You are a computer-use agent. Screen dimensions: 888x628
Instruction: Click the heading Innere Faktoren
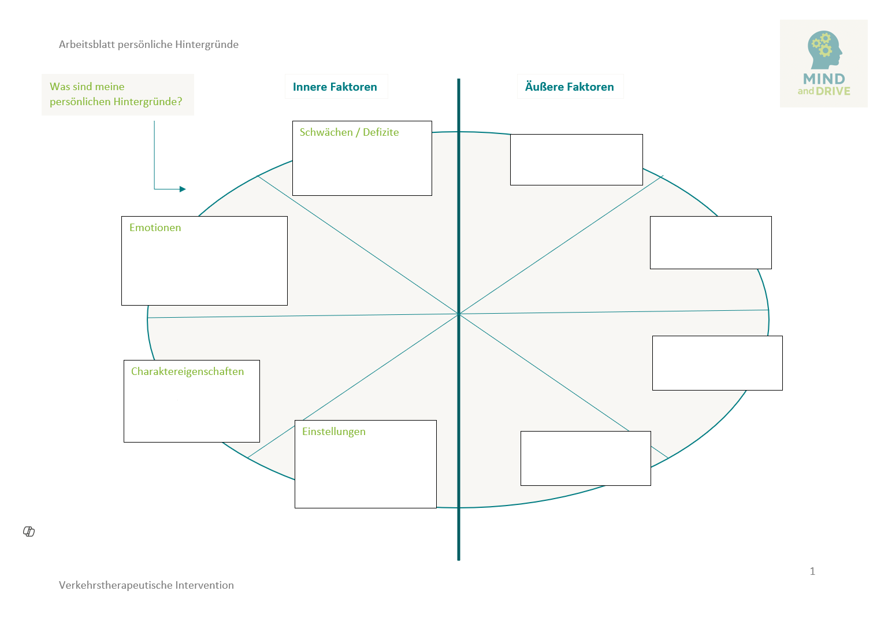[x=335, y=87]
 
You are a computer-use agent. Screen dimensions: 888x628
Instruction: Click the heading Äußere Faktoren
[x=569, y=87]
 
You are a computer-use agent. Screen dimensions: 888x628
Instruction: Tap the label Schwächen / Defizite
[x=349, y=132]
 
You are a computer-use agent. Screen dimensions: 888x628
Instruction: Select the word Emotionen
[x=155, y=228]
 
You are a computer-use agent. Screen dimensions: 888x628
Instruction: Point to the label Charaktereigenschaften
[x=187, y=371]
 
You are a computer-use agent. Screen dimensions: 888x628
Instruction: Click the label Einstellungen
[x=333, y=432]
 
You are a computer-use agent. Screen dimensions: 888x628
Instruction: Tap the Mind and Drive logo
[x=823, y=64]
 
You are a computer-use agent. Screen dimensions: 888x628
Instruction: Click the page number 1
[x=812, y=571]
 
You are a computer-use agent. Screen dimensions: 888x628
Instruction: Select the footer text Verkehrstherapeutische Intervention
[x=146, y=585]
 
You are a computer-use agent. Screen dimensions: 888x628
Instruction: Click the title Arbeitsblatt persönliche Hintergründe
[x=148, y=44]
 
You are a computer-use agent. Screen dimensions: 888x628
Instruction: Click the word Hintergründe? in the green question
[x=148, y=102]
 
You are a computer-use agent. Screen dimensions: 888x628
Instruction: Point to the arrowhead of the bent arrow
[x=183, y=189]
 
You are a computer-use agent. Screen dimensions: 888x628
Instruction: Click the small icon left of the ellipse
[x=29, y=532]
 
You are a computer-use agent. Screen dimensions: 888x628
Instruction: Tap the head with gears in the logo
[x=824, y=50]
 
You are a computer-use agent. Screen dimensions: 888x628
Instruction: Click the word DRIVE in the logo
[x=833, y=91]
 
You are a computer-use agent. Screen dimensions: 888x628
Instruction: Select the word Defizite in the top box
[x=381, y=132]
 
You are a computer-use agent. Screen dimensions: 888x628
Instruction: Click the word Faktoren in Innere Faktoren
[x=354, y=87]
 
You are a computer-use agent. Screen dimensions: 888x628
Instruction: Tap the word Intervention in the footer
[x=205, y=585]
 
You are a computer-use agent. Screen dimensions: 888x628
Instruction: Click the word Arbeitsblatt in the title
[x=87, y=44]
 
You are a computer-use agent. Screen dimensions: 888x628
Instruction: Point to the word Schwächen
[x=326, y=132]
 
